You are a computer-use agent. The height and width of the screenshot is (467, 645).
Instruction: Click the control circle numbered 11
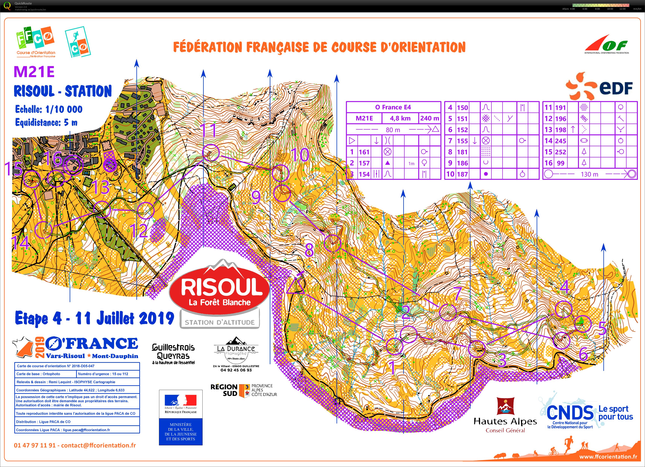click(211, 153)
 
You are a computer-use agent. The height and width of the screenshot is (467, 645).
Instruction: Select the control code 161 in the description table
click(364, 152)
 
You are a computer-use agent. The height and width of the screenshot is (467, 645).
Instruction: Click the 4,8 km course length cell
click(400, 118)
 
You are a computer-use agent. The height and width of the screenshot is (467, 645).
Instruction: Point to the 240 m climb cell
click(429, 118)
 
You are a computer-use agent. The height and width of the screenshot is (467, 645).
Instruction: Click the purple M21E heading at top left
click(34, 72)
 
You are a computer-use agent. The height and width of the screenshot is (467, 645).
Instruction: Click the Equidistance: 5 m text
click(46, 123)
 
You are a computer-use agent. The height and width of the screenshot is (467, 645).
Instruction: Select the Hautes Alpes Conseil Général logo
click(505, 415)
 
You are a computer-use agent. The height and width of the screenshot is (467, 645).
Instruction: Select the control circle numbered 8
click(332, 243)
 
